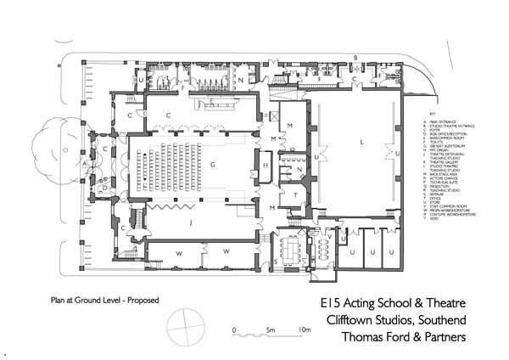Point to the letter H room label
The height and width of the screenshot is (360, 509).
click(266, 163)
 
